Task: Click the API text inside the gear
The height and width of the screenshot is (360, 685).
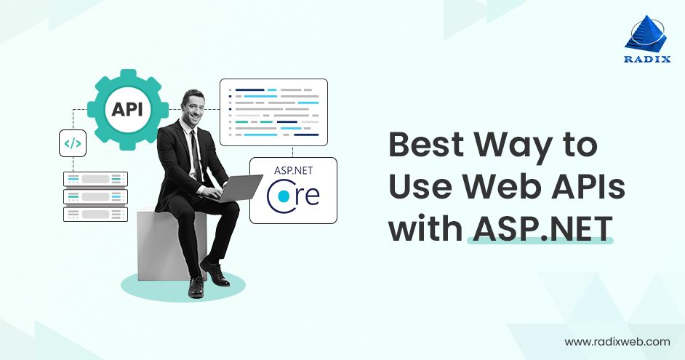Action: pos(127,111)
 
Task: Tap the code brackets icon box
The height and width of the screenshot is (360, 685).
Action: pos(73,143)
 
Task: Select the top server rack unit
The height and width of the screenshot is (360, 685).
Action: pos(95,179)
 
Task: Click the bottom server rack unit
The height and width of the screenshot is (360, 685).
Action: pos(95,214)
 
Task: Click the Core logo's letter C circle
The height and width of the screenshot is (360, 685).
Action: pos(280,196)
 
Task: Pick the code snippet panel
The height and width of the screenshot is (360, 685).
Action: pos(273,111)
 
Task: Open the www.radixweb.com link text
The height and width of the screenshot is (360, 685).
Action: pos(617,340)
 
